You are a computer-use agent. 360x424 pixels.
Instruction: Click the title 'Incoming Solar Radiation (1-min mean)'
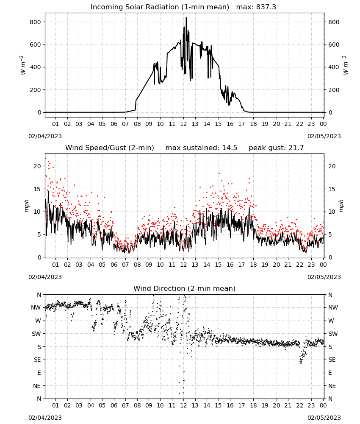click(x=160, y=7)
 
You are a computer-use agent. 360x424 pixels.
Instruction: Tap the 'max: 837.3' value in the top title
click(x=256, y=7)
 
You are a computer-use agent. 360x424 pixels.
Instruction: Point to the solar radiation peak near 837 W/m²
click(x=186, y=18)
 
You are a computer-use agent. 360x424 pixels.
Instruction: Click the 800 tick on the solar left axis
click(x=36, y=22)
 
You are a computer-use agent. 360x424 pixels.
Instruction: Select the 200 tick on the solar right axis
click(x=334, y=90)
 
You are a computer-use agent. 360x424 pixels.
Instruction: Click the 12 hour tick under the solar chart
click(x=183, y=124)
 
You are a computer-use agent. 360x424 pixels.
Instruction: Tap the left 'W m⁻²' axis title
click(x=23, y=65)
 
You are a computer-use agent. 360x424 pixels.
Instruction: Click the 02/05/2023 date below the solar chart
click(x=324, y=136)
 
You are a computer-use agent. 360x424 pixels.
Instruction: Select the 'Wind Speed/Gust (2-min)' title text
click(x=110, y=148)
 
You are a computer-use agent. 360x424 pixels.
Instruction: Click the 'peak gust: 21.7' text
click(x=276, y=148)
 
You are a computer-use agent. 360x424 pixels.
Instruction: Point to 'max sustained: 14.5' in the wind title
click(x=201, y=148)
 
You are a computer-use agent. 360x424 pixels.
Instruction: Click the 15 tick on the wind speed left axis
click(x=37, y=189)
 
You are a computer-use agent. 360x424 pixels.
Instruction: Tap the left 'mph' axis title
click(x=26, y=206)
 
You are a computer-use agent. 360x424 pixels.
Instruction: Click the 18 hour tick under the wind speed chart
click(x=253, y=265)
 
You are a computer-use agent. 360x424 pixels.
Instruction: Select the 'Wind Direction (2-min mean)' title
click(x=185, y=288)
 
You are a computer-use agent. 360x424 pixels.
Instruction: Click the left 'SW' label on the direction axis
click(x=36, y=334)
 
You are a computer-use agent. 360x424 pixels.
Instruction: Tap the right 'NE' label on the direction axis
click(x=332, y=386)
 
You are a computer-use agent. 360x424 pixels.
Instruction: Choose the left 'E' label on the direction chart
click(x=39, y=373)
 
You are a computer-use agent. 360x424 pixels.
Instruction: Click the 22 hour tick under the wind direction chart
click(x=300, y=406)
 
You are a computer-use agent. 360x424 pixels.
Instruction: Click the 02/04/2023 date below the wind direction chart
click(x=45, y=418)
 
